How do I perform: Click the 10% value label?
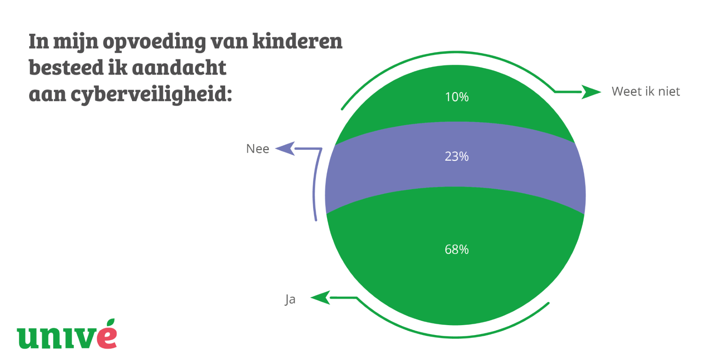[457, 97]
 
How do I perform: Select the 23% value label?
[457, 156]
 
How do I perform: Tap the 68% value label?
[457, 249]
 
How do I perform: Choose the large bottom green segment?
[455, 280]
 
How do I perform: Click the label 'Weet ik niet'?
[646, 91]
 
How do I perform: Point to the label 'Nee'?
[258, 149]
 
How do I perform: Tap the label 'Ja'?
[290, 299]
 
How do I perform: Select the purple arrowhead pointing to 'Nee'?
[285, 149]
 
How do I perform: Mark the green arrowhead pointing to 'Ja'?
[321, 298]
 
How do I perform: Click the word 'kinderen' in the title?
[297, 41]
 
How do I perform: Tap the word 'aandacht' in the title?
[179, 67]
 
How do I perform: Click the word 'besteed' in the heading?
[66, 67]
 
